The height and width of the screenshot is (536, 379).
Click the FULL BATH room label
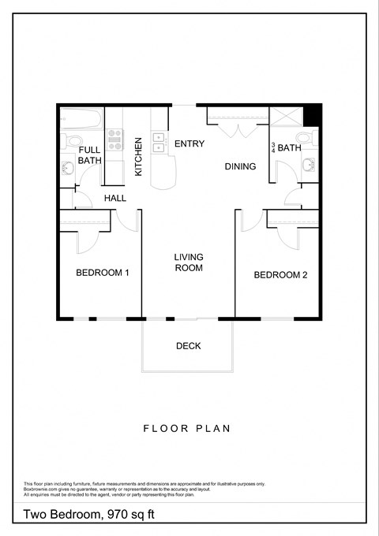point(89,154)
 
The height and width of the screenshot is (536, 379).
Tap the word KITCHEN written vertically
point(138,156)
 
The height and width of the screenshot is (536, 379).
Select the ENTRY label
point(189,143)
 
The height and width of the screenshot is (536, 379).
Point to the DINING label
point(240,166)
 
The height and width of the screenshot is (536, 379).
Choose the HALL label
point(115,198)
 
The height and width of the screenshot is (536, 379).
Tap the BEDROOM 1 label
point(103,273)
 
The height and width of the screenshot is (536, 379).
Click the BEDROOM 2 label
point(280,275)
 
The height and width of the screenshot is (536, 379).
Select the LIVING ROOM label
point(189,262)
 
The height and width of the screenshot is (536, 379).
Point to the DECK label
point(189,345)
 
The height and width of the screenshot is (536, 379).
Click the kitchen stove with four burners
point(114,140)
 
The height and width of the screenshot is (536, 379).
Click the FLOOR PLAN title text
point(186,429)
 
